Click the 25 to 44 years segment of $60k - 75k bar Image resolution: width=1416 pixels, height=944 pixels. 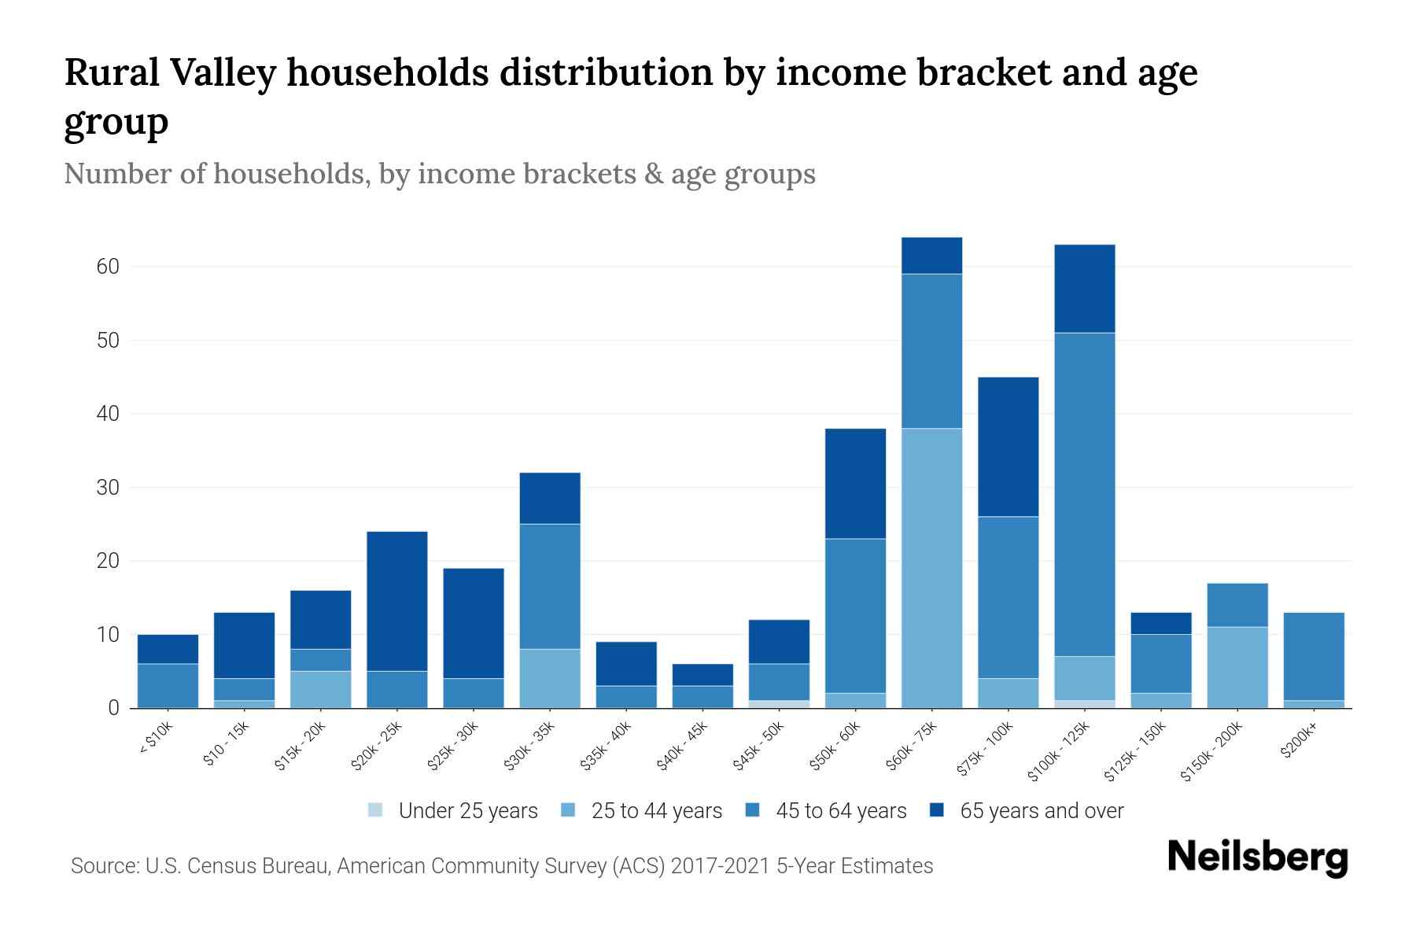(x=931, y=568)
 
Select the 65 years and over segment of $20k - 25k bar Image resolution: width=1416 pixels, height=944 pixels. (x=397, y=601)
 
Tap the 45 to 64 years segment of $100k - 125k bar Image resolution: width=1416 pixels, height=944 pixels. (x=1085, y=494)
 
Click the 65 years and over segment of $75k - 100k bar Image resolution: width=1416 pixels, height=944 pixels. (x=1008, y=447)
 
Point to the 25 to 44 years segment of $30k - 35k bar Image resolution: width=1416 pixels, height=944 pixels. (x=550, y=678)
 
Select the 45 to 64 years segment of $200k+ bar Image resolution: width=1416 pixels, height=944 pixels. (x=1314, y=656)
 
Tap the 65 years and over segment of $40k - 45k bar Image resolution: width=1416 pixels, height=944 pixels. (x=702, y=675)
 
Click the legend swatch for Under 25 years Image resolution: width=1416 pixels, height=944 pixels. (x=376, y=809)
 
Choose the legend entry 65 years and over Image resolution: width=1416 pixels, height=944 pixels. (x=1041, y=811)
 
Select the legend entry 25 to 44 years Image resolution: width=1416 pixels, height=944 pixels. (x=656, y=811)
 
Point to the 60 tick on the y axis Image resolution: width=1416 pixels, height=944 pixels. (x=108, y=267)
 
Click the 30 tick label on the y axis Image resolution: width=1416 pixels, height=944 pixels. (x=108, y=488)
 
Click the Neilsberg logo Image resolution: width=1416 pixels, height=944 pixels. (x=1257, y=857)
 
